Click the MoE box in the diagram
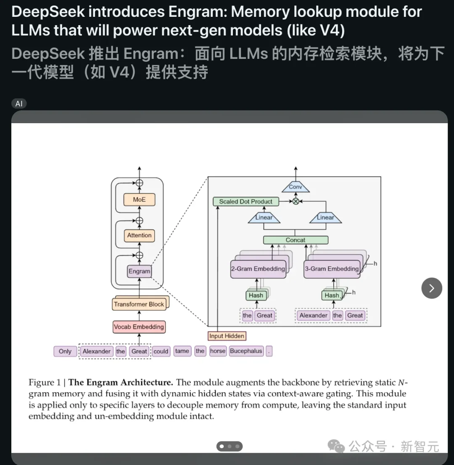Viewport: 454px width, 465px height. point(139,200)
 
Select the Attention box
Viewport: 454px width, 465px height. point(139,235)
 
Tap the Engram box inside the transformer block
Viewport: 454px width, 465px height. point(139,271)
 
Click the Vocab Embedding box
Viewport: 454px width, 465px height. point(139,327)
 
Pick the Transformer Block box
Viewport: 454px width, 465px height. point(139,304)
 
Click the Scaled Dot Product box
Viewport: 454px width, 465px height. point(245,201)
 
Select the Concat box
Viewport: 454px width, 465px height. point(296,240)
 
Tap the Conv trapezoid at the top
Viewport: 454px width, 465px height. point(296,187)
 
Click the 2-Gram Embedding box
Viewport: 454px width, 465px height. point(258,269)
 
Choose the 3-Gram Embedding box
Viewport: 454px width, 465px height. point(332,269)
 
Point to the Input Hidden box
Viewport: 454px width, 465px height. point(227,336)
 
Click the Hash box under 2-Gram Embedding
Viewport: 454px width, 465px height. point(256,295)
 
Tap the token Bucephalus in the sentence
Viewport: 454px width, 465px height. point(246,351)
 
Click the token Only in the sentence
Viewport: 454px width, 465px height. point(65,351)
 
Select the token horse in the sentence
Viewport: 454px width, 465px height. point(218,351)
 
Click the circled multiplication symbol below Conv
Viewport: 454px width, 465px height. point(296,201)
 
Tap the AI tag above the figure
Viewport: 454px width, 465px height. point(19,103)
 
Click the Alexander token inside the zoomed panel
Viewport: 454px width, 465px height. point(313,315)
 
